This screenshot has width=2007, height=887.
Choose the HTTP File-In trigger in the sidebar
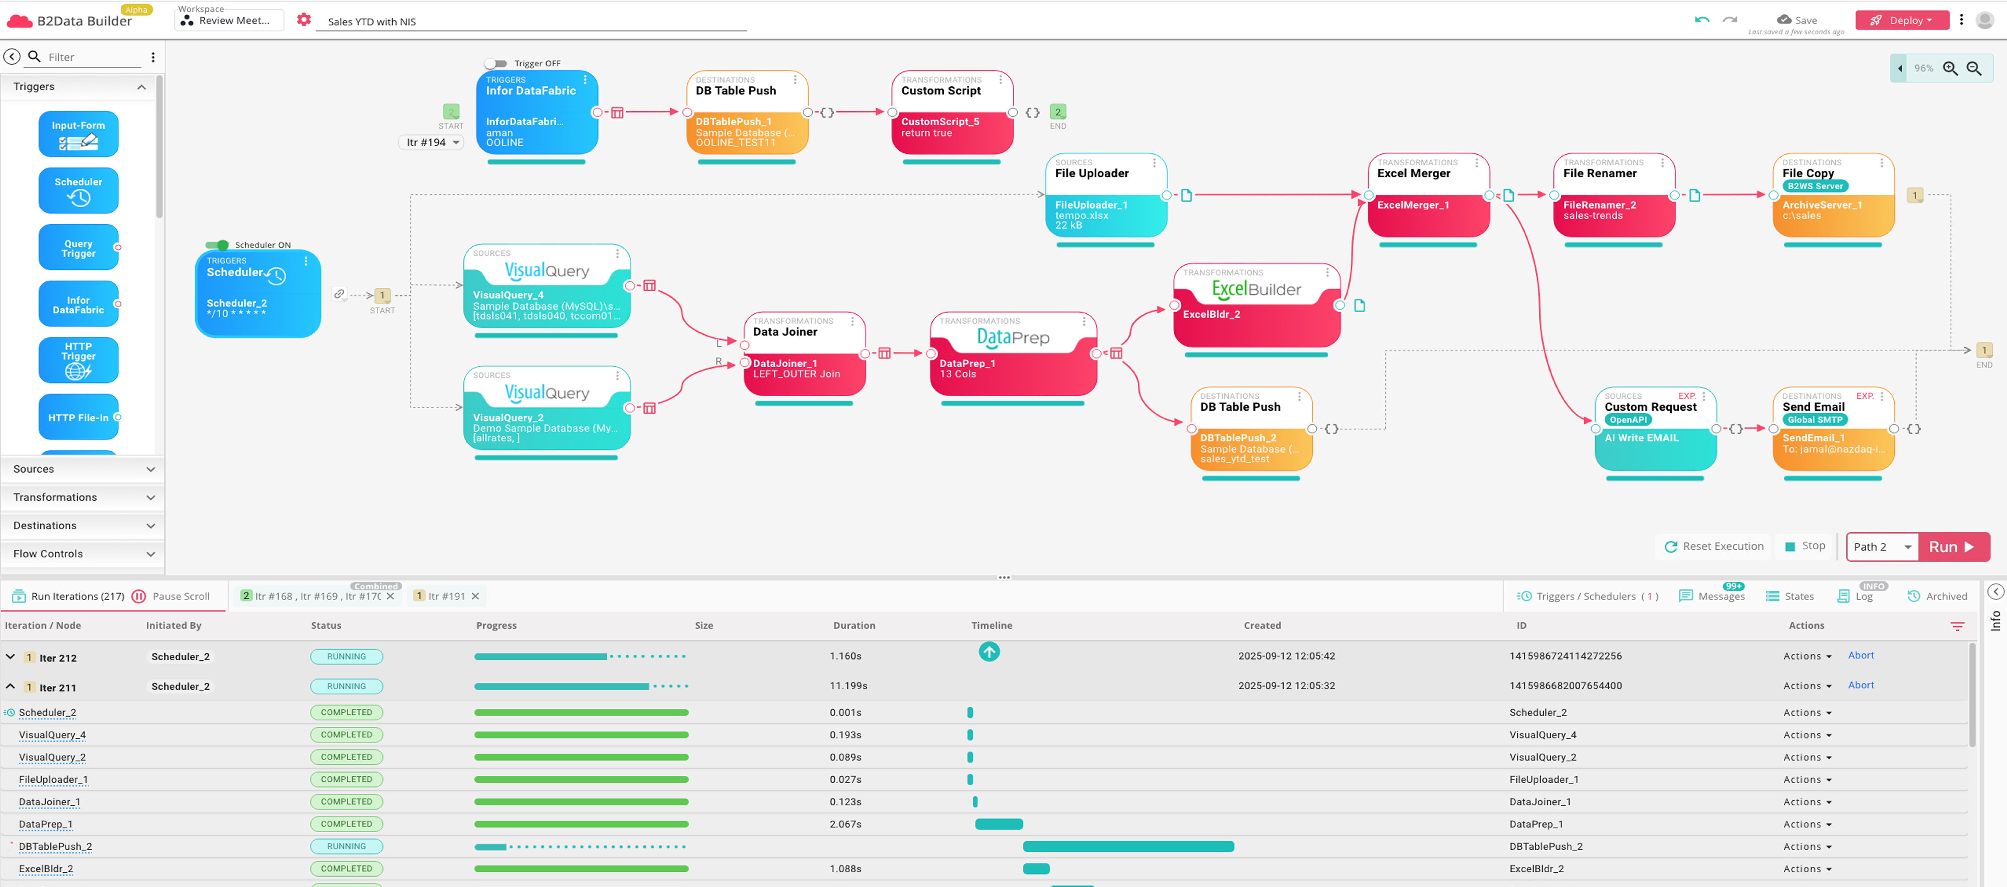pos(78,418)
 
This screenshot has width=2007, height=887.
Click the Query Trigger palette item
pos(78,248)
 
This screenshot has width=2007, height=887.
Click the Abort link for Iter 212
pos(1861,656)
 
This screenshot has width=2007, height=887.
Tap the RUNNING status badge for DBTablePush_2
pos(346,847)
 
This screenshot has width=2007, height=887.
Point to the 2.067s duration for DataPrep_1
pos(845,824)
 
